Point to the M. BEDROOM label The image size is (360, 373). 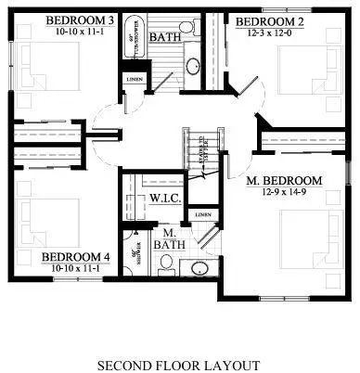(284, 180)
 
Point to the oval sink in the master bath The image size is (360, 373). (199, 269)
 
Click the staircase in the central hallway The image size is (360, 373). (198, 148)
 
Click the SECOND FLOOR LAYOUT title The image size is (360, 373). (178, 365)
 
